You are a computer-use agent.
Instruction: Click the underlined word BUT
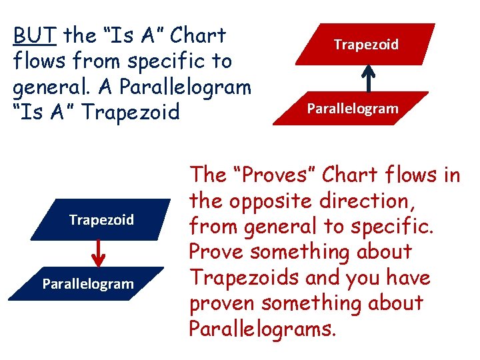click(x=35, y=35)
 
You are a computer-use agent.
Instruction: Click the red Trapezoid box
click(x=366, y=44)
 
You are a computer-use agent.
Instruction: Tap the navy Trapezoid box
click(x=101, y=219)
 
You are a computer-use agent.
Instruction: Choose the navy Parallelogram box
click(x=88, y=284)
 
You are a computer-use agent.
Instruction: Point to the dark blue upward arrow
click(x=367, y=78)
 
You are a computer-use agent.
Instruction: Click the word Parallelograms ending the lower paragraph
click(x=261, y=329)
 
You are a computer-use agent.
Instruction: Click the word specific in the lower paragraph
click(x=391, y=227)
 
